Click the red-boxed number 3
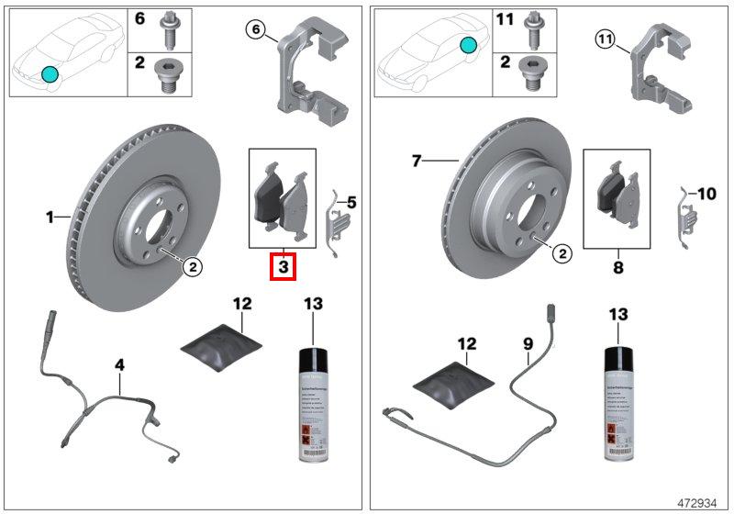point(284,268)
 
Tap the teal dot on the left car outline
point(50,73)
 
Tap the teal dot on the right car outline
point(469,44)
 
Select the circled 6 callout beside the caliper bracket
point(258,30)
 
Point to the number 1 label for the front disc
point(50,218)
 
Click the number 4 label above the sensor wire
point(119,365)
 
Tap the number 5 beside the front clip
point(351,199)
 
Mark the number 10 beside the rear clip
point(706,194)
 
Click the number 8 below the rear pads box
point(617,268)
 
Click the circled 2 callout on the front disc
point(193,267)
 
